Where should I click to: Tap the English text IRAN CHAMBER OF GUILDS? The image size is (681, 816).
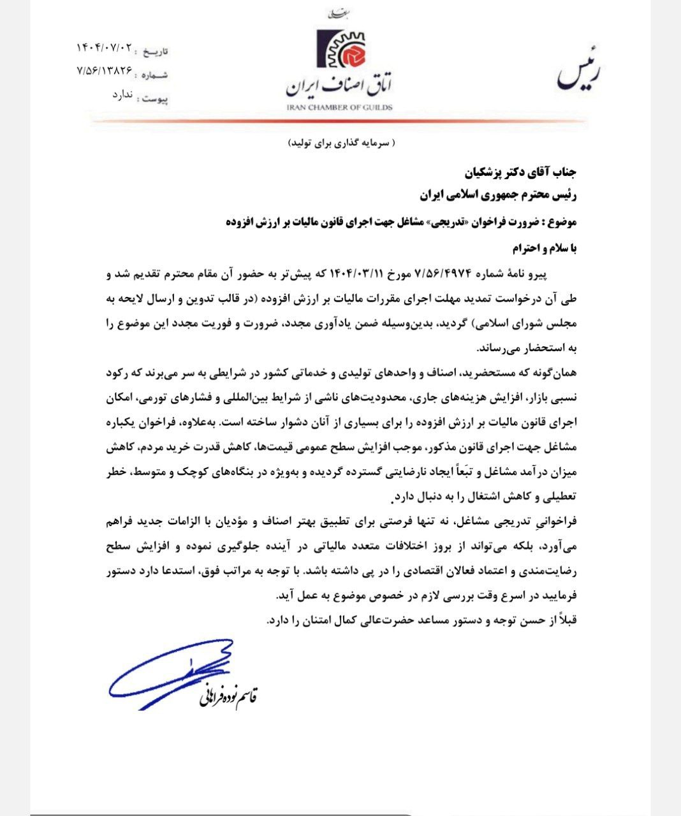click(339, 106)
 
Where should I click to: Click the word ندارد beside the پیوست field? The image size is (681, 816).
click(122, 95)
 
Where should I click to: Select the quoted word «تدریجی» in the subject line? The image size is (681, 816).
click(442, 222)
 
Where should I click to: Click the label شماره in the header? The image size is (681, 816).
click(157, 75)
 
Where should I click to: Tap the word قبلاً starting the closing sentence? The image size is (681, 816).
click(567, 619)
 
